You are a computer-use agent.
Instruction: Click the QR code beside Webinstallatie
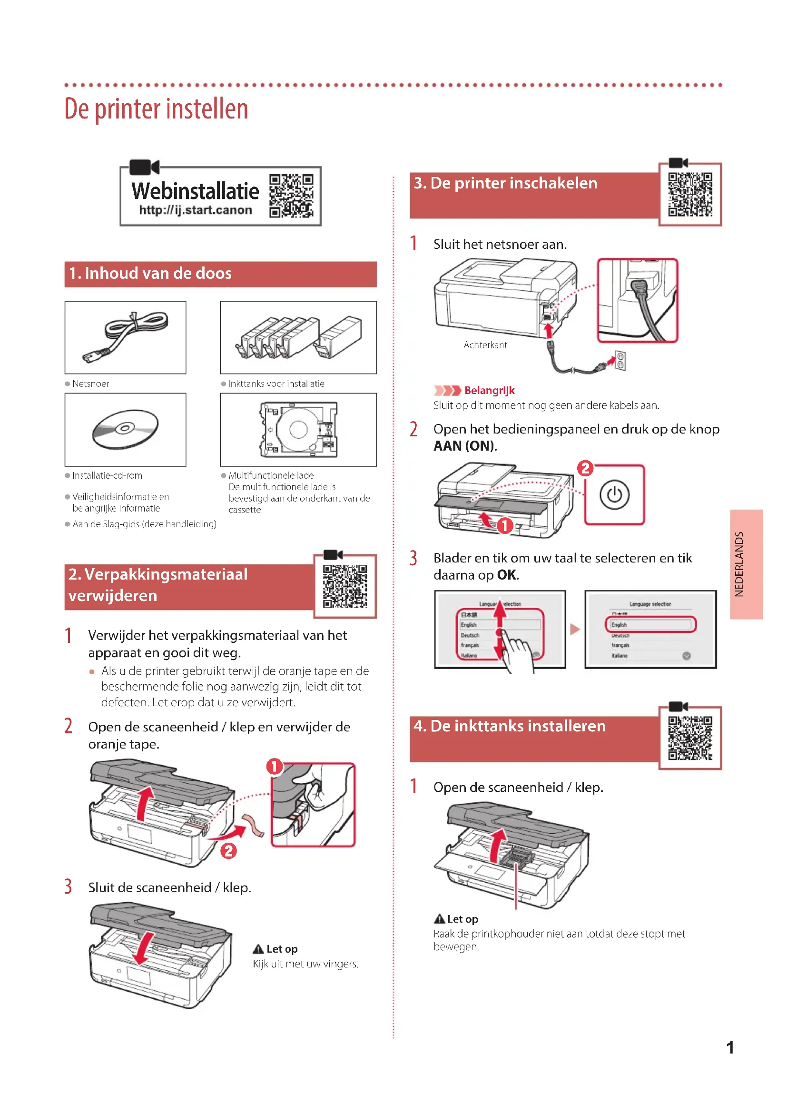pos(291,196)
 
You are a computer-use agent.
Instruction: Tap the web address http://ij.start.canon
pos(195,210)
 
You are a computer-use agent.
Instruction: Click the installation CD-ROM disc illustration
pos(125,429)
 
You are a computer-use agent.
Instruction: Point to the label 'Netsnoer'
pos(90,384)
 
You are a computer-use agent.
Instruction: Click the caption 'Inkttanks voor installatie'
pos(276,384)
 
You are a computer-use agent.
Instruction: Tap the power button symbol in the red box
pos(614,495)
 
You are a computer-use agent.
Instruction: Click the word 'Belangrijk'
pos(489,391)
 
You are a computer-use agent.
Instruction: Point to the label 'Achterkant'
pos(485,345)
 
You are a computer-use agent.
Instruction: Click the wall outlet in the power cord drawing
pos(620,361)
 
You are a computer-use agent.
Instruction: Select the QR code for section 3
pos(690,195)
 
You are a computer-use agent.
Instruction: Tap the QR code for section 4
pos(690,739)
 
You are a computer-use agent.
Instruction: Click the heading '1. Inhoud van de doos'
pos(150,274)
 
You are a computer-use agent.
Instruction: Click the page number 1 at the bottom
pos(730,1048)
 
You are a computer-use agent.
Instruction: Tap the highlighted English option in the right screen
pos(650,625)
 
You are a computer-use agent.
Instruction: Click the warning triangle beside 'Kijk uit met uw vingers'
pos(258,949)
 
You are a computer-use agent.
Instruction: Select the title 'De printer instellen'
pos(156,109)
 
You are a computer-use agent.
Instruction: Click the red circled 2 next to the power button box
pos(585,468)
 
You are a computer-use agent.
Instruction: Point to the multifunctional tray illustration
pos(298,430)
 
